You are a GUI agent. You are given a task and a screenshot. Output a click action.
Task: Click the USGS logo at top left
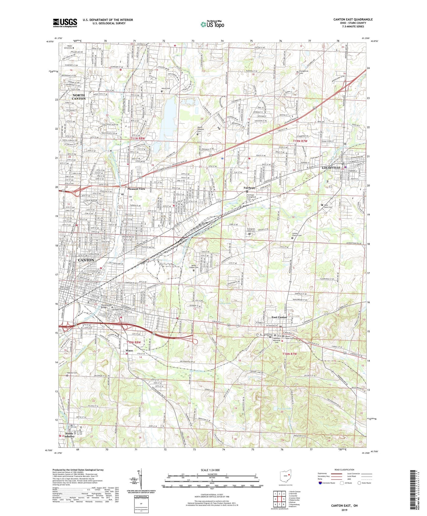pos(65,23)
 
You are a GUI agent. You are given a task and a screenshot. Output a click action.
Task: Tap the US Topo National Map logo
pos(212,24)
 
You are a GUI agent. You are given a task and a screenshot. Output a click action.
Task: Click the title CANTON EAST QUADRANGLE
pos(353,20)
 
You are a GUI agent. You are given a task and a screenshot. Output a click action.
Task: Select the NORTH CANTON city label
pos(79,97)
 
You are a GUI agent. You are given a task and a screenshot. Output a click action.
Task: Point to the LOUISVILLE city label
pos(331,168)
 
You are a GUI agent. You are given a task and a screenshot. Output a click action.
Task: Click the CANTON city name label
pos(86,260)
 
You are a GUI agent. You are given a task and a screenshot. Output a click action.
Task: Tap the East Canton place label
pos(279,317)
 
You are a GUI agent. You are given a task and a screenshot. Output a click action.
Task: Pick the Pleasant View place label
pos(136,189)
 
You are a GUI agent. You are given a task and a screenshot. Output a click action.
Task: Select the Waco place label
pos(129,351)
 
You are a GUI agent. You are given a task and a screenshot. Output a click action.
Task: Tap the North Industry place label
pos(69,435)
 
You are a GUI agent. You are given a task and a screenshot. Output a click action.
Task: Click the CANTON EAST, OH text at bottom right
pos(344,506)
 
